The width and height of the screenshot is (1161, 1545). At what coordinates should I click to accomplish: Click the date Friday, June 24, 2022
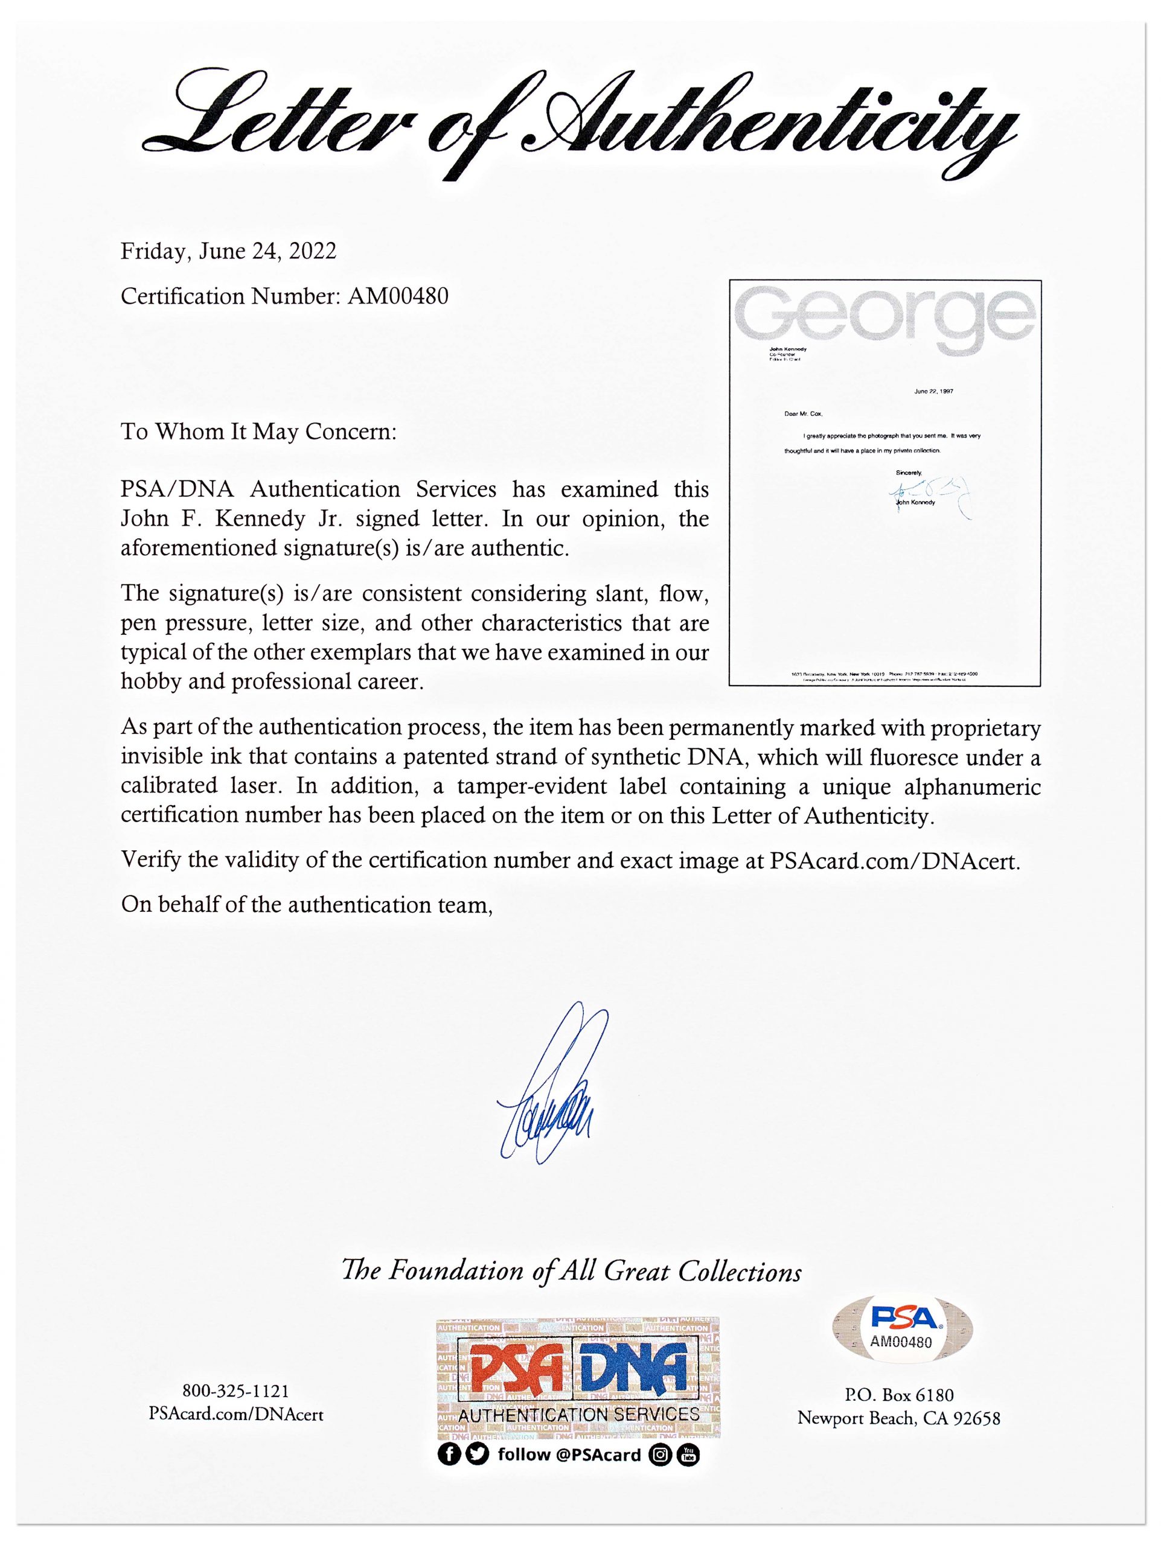click(228, 252)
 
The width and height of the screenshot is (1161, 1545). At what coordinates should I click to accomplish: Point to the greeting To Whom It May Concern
click(258, 432)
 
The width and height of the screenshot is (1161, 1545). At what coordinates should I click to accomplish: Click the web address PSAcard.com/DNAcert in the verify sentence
click(894, 861)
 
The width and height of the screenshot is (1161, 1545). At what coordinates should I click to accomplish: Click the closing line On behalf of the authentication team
click(307, 905)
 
